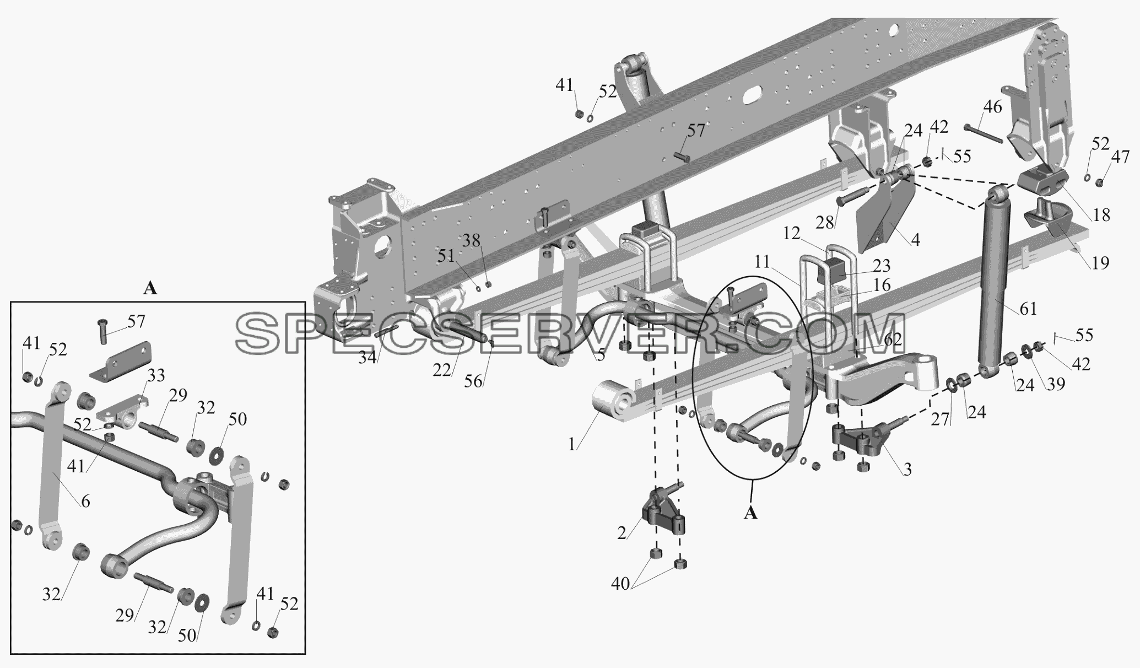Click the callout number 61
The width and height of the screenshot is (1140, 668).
coord(1028,309)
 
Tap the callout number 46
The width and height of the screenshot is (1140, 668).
coord(993,106)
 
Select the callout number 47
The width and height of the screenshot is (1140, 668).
coord(1120,157)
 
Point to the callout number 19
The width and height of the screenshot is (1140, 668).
coord(1100,263)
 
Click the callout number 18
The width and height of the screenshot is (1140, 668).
coord(1101,215)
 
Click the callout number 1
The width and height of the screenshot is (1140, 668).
coord(573,444)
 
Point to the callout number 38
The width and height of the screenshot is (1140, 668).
coord(471,241)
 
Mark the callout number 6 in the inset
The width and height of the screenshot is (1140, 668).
coord(85,502)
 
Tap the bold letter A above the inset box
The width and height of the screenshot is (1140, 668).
coord(150,288)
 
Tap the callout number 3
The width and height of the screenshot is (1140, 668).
coord(907,469)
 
